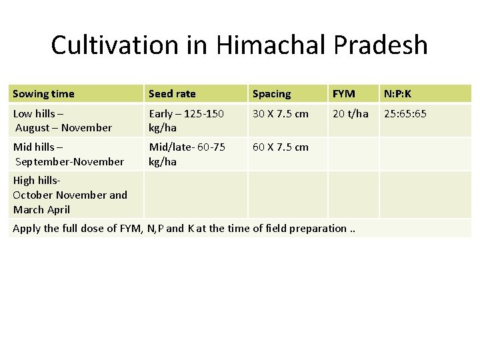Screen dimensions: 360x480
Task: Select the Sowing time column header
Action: tap(43, 94)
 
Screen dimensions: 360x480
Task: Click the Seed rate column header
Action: tap(172, 94)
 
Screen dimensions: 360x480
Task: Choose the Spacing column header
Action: tap(271, 94)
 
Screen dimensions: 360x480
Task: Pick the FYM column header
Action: tap(344, 94)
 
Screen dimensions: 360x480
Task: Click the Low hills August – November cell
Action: tap(63, 121)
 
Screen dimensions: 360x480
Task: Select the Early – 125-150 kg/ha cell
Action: tap(187, 121)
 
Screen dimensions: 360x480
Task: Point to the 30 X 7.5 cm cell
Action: tap(280, 114)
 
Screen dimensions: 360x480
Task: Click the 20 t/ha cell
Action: tap(351, 114)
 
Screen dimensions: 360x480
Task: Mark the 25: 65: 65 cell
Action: tap(405, 114)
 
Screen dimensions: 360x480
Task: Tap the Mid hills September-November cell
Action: tap(68, 154)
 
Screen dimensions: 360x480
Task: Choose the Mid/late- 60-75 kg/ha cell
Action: tap(187, 154)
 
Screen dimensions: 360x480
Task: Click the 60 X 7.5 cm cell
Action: tap(280, 147)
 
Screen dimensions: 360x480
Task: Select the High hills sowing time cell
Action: tap(70, 195)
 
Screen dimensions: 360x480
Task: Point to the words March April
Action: tap(41, 209)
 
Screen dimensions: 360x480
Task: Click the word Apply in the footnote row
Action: tap(27, 228)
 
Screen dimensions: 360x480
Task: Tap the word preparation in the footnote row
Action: tap(313, 228)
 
